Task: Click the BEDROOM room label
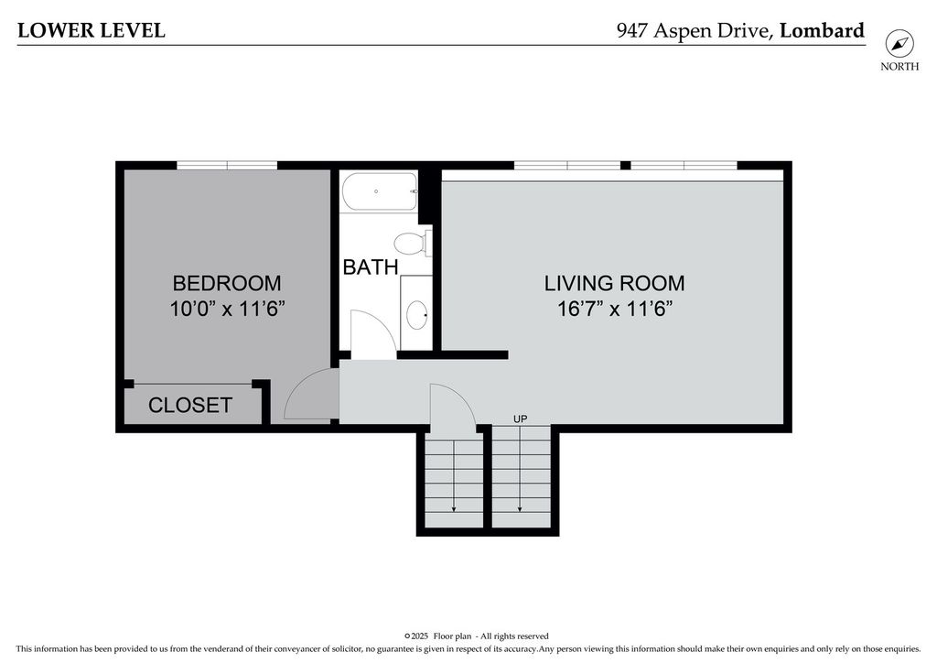(227, 283)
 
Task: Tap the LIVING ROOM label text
(614, 283)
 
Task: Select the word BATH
(371, 267)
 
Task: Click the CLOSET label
(190, 406)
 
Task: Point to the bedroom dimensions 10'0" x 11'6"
(227, 310)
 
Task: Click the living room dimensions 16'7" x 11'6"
(615, 310)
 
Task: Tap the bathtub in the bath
(380, 191)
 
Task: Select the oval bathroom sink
(417, 314)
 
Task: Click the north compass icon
(899, 44)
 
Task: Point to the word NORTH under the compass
(899, 66)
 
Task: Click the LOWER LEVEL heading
(92, 30)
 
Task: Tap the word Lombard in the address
(823, 30)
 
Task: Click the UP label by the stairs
(521, 419)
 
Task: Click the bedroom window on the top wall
(227, 165)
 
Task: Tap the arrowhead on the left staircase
(454, 509)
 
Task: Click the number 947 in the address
(632, 30)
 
